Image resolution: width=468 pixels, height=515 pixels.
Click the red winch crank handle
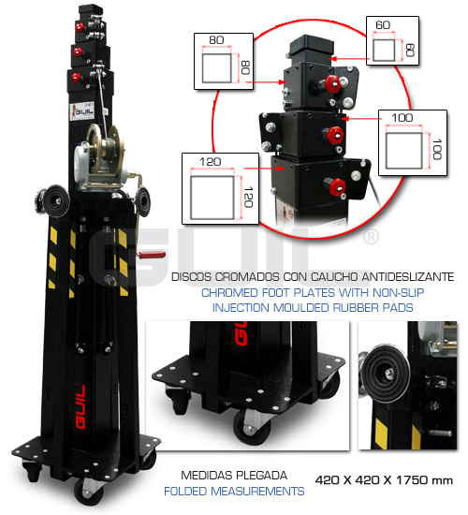click(152, 255)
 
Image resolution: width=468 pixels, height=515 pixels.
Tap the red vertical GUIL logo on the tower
click(80, 407)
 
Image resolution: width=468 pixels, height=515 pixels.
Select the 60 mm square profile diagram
click(392, 41)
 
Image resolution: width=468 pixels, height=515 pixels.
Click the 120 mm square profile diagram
click(220, 188)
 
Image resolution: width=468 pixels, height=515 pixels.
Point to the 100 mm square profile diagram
click(413, 142)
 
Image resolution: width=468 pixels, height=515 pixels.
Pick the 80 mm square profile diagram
click(224, 61)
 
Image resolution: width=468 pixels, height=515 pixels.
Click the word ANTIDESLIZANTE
click(408, 277)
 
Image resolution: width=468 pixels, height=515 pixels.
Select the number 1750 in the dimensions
click(412, 480)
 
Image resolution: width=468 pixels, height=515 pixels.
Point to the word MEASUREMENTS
click(257, 491)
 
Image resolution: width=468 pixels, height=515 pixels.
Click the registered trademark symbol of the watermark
click(372, 237)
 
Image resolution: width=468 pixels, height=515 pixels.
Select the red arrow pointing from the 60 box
click(350, 59)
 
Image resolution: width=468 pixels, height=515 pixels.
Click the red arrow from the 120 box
click(264, 169)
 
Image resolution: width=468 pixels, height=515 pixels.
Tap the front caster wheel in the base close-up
click(252, 427)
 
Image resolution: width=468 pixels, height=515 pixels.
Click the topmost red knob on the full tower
click(80, 27)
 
